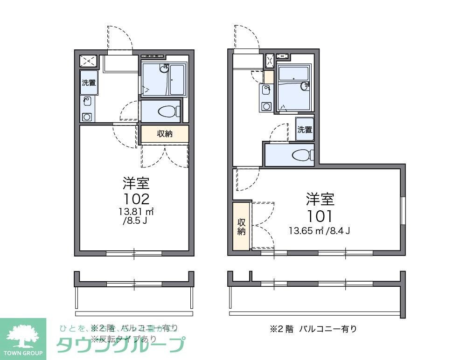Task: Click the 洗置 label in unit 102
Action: pos(89,83)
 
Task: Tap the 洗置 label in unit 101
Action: pos(305,129)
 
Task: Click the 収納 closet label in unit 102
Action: pos(165,134)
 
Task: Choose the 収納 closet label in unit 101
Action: pos(241,226)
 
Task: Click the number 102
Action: pos(136,199)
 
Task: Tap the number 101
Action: pos(320,216)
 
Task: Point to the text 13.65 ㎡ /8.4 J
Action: pos(319,230)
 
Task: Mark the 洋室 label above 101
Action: pos(320,199)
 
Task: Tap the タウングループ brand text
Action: pos(120,345)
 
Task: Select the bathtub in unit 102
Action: pos(178,80)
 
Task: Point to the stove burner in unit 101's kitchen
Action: pos(266,106)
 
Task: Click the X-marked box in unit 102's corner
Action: pos(88,61)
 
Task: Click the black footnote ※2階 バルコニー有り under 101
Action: pos(314,329)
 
